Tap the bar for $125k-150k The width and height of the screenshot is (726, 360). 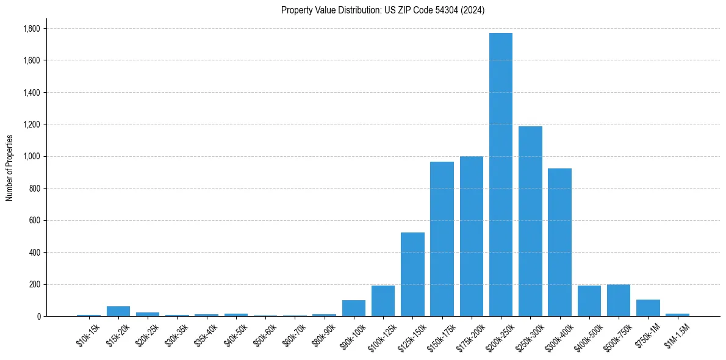(412, 274)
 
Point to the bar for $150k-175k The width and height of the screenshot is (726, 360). (442, 239)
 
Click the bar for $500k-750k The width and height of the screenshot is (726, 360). (619, 300)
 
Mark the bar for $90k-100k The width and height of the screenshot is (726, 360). (354, 308)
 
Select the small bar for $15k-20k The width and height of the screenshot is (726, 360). (118, 311)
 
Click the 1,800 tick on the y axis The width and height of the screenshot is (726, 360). (32, 29)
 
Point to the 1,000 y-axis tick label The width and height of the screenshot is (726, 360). (32, 157)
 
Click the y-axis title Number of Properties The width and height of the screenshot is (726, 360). (10, 168)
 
